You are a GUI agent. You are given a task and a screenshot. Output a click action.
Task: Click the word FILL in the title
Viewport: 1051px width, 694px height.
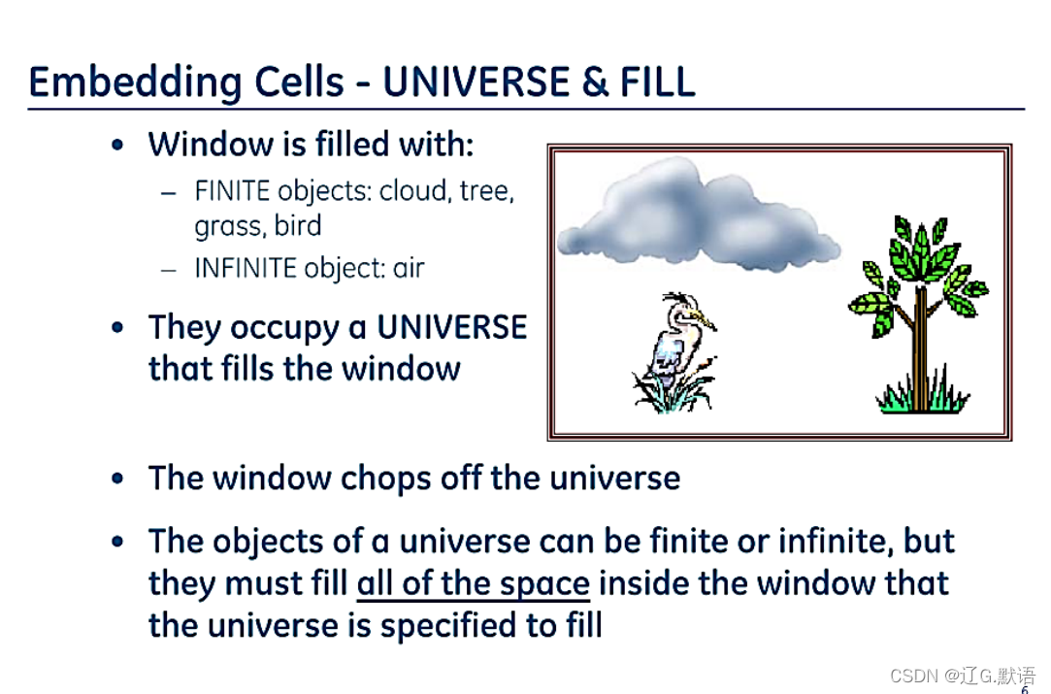[x=657, y=82]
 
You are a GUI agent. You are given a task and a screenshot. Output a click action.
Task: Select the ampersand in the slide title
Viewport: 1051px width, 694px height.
[x=595, y=82]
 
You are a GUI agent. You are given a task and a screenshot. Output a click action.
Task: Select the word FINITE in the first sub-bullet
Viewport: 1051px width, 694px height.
[x=232, y=191]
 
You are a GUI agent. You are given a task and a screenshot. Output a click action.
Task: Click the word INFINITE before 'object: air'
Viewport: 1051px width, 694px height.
[x=246, y=268]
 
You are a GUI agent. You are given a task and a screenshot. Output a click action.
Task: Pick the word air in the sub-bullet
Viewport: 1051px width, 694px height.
[x=409, y=268]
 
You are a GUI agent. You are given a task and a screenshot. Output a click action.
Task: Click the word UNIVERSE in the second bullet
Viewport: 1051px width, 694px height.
[x=452, y=327]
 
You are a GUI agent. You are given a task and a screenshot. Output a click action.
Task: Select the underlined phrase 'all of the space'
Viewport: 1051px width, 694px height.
[x=474, y=583]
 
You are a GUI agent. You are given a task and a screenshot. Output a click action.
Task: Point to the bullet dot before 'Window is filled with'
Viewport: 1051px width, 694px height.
[x=118, y=145]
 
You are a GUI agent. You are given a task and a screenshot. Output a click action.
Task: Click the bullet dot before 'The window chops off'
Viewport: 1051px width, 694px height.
[x=118, y=479]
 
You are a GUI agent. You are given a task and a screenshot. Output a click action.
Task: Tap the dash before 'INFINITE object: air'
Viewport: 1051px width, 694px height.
[x=169, y=270]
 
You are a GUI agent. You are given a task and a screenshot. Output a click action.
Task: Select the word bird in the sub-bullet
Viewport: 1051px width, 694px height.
[x=298, y=226]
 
